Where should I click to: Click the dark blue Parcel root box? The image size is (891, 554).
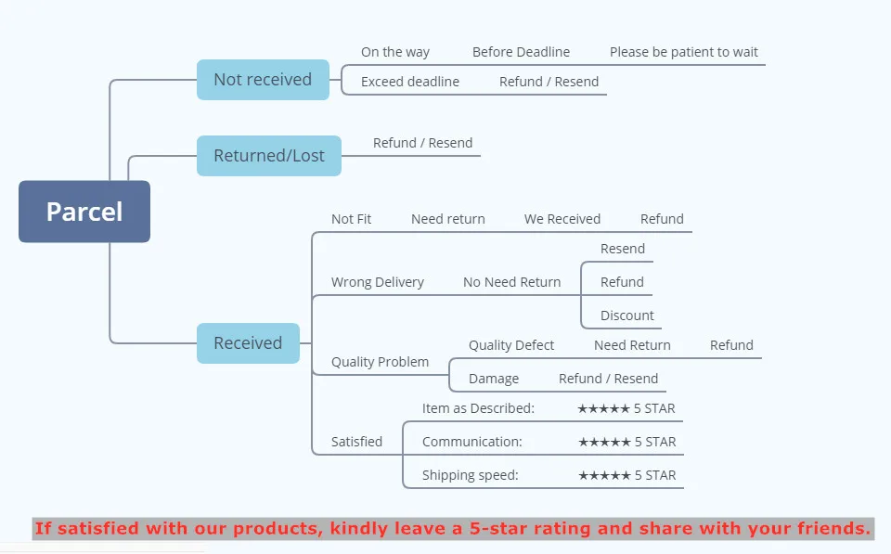pyautogui.click(x=84, y=212)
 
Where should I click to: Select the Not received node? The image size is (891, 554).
pyautogui.click(x=263, y=80)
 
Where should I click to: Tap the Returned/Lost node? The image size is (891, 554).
pyautogui.click(x=269, y=156)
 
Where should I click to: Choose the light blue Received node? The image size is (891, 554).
pyautogui.click(x=248, y=343)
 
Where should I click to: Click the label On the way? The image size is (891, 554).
pyautogui.click(x=395, y=52)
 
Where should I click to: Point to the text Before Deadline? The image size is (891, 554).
pyautogui.click(x=521, y=52)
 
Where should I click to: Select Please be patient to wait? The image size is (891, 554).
pyautogui.click(x=684, y=52)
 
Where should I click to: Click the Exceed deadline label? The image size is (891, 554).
pyautogui.click(x=410, y=82)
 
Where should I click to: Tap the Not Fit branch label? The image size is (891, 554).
pyautogui.click(x=351, y=219)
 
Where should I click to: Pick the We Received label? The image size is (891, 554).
pyautogui.click(x=562, y=219)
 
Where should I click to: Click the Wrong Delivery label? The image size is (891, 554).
pyautogui.click(x=378, y=282)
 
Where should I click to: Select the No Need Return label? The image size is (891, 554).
pyautogui.click(x=512, y=282)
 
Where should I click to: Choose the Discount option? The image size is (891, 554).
pyautogui.click(x=627, y=316)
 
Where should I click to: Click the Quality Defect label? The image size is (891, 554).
pyautogui.click(x=511, y=345)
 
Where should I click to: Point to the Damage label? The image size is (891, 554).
pyautogui.click(x=494, y=379)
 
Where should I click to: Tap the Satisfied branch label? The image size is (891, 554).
pyautogui.click(x=356, y=442)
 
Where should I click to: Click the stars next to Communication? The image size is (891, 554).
pyautogui.click(x=604, y=442)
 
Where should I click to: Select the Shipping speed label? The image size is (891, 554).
pyautogui.click(x=471, y=475)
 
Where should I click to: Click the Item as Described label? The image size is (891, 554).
pyautogui.click(x=478, y=408)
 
